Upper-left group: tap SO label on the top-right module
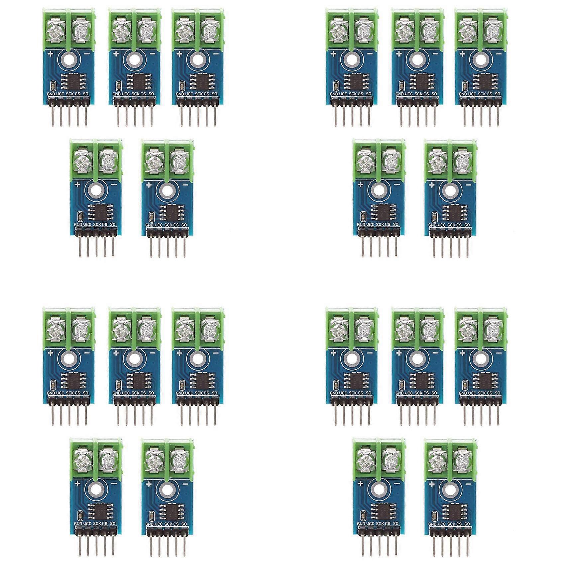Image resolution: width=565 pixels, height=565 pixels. click(214, 94)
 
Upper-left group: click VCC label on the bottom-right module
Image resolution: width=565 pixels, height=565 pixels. click(159, 225)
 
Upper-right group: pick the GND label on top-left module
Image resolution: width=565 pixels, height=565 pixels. click(334, 94)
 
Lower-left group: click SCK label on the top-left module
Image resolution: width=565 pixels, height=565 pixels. click(69, 393)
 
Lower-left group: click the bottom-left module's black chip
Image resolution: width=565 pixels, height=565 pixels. click(96, 511)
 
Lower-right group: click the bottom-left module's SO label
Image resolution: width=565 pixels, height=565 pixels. click(395, 524)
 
